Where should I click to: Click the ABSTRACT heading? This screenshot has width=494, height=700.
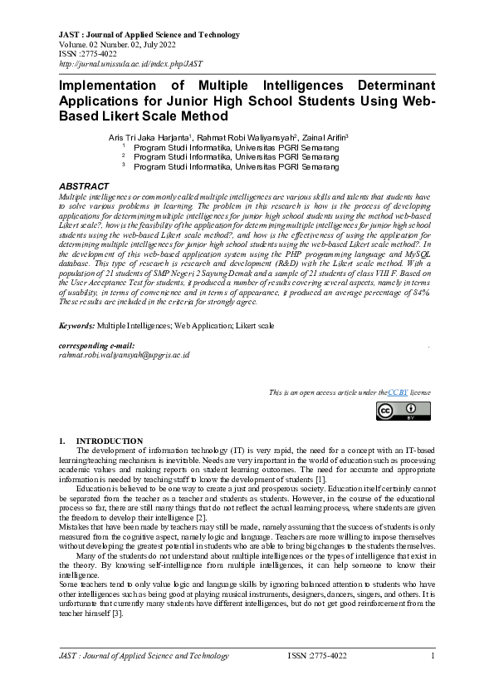[84, 186]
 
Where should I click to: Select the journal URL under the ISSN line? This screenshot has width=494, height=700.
[130, 64]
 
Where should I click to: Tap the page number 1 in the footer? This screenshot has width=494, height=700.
[433, 657]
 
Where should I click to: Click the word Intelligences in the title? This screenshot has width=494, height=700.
[283, 86]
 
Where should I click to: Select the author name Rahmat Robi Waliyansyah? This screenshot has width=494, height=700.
[246, 136]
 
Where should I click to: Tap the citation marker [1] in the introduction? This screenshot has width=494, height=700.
[320, 481]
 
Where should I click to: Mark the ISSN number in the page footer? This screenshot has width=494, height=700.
[317, 657]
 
